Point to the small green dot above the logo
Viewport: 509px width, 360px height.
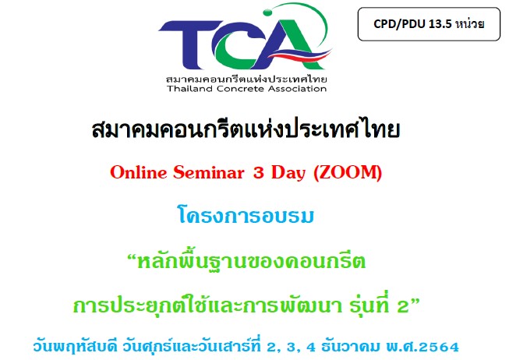267,12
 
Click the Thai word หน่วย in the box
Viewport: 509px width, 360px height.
470,23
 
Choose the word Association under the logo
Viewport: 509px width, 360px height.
297,89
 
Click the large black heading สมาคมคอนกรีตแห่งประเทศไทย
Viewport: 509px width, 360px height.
246,129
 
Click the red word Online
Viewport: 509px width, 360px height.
138,172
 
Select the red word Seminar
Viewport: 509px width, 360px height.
208,172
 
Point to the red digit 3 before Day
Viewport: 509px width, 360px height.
258,173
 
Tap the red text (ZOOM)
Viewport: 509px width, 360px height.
348,172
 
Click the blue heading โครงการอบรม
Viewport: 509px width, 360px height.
246,215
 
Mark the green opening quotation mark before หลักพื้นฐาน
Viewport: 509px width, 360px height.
132,258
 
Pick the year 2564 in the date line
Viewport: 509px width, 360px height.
439,347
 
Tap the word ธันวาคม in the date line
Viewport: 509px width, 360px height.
350,346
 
